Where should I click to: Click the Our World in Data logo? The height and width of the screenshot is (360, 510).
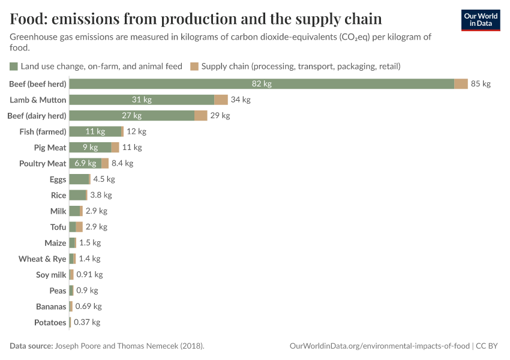click(x=480, y=20)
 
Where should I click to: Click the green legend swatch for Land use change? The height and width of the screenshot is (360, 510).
click(x=14, y=67)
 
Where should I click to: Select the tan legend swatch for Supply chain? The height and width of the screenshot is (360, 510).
click(x=194, y=67)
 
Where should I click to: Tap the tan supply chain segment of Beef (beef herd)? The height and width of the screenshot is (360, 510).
click(x=461, y=84)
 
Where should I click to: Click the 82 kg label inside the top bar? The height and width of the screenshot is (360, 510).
click(x=262, y=84)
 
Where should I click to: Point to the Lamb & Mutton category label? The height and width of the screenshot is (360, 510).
click(x=38, y=100)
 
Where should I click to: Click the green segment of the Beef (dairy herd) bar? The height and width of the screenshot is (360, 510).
click(x=132, y=115)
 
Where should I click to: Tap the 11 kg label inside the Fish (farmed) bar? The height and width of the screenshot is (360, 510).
click(x=95, y=131)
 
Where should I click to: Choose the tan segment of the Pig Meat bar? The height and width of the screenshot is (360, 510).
click(x=115, y=147)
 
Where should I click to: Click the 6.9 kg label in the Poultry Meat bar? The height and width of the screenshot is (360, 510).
click(x=85, y=163)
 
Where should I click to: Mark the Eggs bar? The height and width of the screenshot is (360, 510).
click(x=79, y=179)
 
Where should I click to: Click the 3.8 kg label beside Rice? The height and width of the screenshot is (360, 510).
click(x=101, y=195)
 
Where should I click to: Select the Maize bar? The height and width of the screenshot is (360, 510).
click(x=73, y=242)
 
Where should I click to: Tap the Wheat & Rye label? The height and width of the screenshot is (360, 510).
click(x=42, y=259)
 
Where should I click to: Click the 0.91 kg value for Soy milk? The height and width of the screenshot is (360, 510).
click(x=89, y=275)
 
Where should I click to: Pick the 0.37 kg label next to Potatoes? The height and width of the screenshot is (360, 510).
click(x=87, y=322)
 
